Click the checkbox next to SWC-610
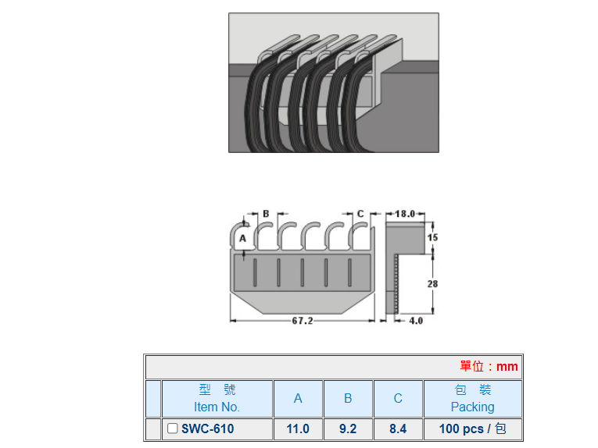point(173,428)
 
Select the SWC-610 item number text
point(207,428)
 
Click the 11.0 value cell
point(298,428)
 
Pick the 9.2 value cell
point(348,428)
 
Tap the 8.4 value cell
point(398,428)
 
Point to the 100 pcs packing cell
point(472,428)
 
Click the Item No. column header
point(217,398)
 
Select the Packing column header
point(472,398)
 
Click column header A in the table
point(298,398)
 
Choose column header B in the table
point(348,398)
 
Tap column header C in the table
point(398,398)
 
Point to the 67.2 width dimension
point(302,321)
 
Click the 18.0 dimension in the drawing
point(405,213)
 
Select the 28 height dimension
point(432,284)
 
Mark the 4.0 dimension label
point(416,321)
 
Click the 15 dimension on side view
point(432,236)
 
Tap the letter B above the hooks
point(266,213)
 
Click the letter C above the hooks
point(360,213)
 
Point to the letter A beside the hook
point(242,237)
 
